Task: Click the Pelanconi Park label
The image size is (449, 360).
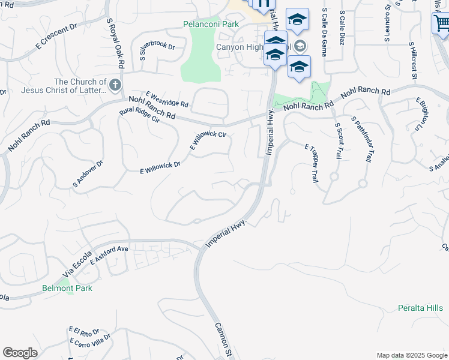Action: [x=211, y=25]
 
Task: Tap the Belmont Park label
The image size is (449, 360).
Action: [x=67, y=289]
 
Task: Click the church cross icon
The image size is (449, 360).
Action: [x=115, y=85]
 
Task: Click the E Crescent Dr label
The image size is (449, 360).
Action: [x=57, y=36]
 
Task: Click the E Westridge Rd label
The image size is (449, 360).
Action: [x=167, y=100]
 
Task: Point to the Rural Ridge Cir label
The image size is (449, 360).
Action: [x=139, y=115]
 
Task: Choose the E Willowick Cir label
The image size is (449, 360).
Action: [x=208, y=140]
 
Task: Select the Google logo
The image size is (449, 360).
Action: [x=20, y=353]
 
